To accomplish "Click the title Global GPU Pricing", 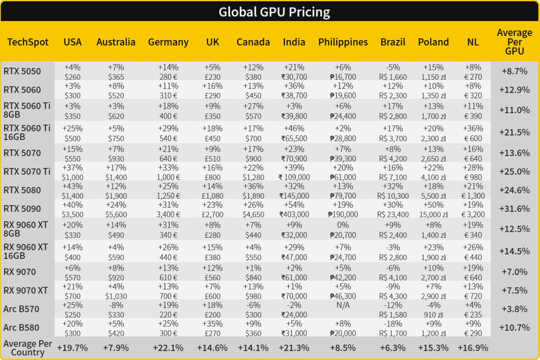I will coord(274,12).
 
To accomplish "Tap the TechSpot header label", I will coord(28,42).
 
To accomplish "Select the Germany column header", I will coord(168,42).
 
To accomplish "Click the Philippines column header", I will coord(343,42).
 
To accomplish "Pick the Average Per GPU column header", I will coord(514,42).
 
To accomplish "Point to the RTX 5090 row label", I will coord(22,209).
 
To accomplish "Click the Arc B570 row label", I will coord(21,309).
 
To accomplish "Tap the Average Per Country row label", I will coord(28,348).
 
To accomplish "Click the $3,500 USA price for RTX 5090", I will coord(73,214).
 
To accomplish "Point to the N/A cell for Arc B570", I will coord(343,305).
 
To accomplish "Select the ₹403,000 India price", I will coord(294,214).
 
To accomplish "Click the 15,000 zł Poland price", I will coord(433,214).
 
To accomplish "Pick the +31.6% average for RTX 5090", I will coord(514,209).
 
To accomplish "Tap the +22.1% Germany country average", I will coord(168,348).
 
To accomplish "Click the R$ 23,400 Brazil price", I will coord(393,214).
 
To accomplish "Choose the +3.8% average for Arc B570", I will coord(514,309).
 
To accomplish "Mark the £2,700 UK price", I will coord(213,214).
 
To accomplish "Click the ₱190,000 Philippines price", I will coord(343,214).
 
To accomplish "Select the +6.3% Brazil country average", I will coord(393,348).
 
